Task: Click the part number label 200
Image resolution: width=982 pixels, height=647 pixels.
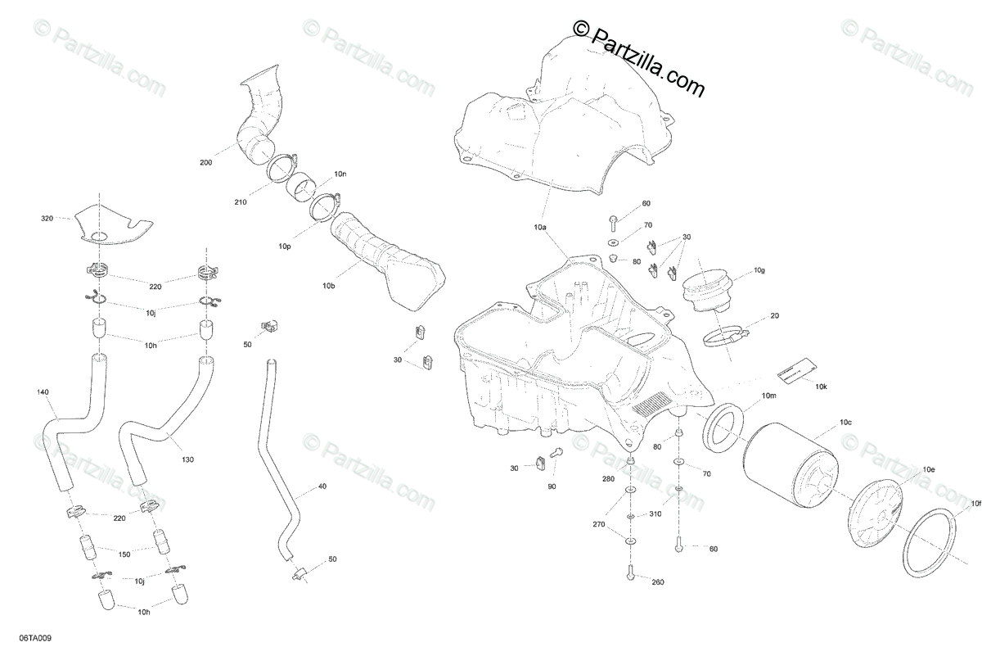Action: coord(205,163)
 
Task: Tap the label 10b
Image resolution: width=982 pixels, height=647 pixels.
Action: coord(328,286)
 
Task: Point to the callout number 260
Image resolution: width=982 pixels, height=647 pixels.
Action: coord(657,582)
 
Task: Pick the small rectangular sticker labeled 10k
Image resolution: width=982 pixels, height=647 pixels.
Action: coord(793,369)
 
